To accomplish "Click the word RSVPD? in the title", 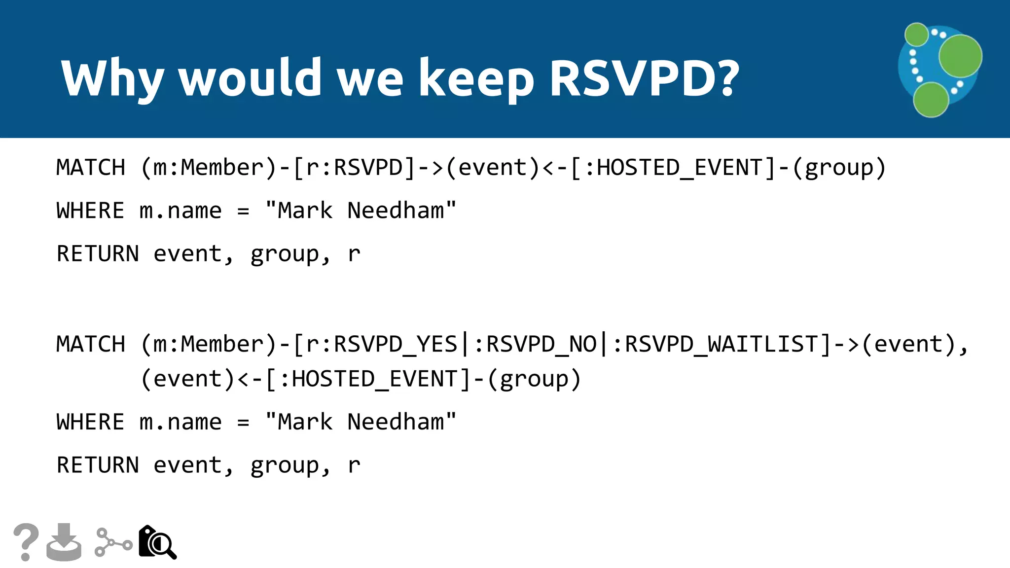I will point(644,77).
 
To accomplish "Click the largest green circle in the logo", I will point(960,56).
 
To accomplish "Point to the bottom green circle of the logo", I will point(931,100).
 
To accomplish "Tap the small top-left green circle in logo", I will point(917,35).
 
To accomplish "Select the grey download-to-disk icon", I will point(64,542).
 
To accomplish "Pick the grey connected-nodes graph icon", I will point(113,542).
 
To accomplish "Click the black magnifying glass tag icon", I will point(157,542).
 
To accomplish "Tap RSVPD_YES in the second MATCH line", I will point(396,344).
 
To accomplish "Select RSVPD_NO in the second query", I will point(541,344).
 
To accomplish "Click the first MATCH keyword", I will point(91,168).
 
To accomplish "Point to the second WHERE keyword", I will point(90,422).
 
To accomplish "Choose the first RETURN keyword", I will point(98,254).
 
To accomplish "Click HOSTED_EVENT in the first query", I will point(680,168).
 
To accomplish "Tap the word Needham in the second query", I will point(396,422).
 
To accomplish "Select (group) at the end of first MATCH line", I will point(839,168).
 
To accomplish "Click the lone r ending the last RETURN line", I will point(354,465).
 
